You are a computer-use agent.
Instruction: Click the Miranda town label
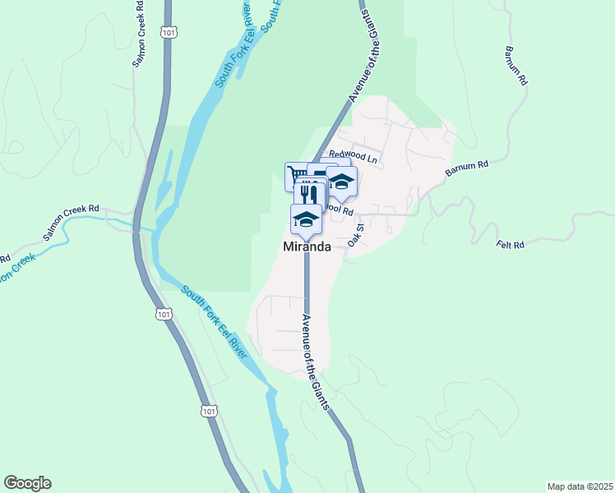tap(307, 246)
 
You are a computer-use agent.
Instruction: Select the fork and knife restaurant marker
tap(308, 194)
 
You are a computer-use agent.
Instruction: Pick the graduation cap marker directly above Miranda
tap(306, 219)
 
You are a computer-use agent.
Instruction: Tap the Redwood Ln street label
tap(353, 155)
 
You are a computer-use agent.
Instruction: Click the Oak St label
tap(355, 237)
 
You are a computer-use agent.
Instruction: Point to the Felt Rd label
tap(511, 244)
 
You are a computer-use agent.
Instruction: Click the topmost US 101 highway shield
tap(168, 32)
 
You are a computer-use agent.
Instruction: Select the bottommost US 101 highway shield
tap(209, 410)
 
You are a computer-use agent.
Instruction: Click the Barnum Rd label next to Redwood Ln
tap(467, 169)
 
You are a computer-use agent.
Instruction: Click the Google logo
tap(27, 483)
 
